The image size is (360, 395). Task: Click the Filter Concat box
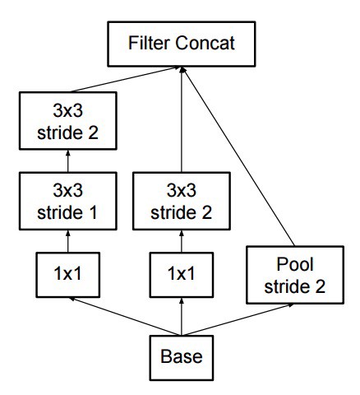click(x=181, y=43)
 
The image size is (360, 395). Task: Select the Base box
click(x=180, y=358)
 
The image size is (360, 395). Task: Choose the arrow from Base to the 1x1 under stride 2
click(x=181, y=314)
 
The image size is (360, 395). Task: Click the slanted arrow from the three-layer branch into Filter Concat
click(x=123, y=81)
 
